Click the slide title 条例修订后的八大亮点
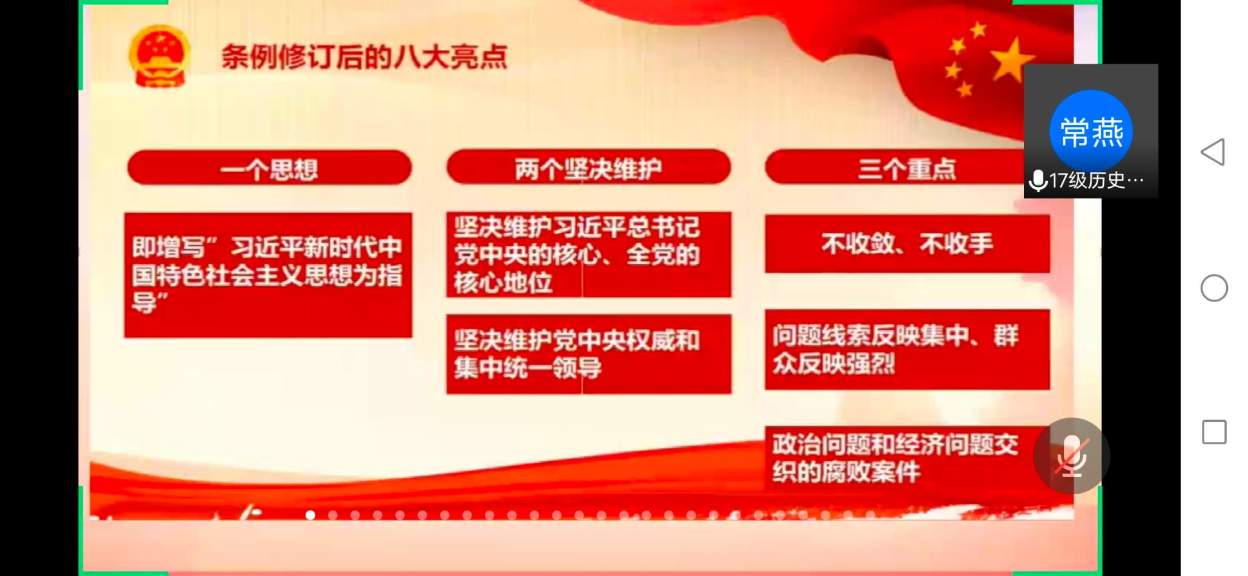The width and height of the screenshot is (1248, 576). click(364, 57)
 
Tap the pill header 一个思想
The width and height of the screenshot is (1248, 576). click(269, 168)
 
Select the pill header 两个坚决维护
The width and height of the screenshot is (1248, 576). click(588, 167)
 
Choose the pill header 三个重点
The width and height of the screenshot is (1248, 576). click(899, 168)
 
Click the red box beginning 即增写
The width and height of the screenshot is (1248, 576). click(268, 275)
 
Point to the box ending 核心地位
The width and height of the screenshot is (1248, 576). click(588, 255)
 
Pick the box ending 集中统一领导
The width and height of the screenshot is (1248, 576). click(588, 354)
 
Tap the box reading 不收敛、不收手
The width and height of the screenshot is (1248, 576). click(907, 244)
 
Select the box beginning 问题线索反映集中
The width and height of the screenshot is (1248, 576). click(907, 349)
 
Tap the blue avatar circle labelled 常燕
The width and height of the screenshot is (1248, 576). click(1091, 131)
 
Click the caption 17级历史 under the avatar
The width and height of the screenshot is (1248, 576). click(1096, 181)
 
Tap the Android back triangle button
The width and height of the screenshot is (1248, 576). click(1213, 152)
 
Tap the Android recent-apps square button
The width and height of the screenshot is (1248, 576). click(1214, 432)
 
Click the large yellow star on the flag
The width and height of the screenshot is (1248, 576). click(1012, 61)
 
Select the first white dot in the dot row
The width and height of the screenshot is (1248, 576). click(310, 515)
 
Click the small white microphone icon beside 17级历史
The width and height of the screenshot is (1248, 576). click(1038, 181)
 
